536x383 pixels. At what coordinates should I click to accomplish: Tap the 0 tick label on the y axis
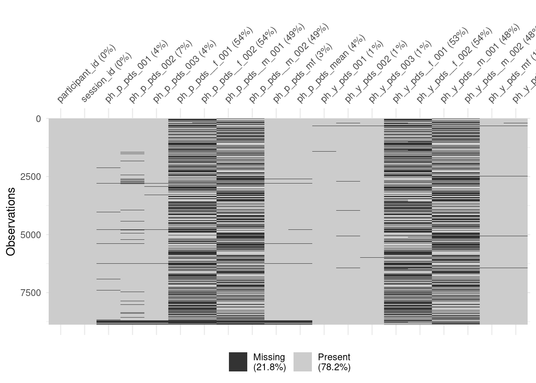click(38, 119)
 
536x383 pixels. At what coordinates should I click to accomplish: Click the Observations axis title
click(11, 221)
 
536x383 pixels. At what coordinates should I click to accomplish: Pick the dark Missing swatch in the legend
click(238, 362)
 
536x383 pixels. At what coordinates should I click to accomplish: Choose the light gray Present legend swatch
click(303, 362)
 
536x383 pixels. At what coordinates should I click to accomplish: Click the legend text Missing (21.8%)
click(269, 362)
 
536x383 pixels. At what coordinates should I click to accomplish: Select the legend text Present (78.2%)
click(334, 362)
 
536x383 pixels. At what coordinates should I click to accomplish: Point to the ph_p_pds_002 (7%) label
click(160, 72)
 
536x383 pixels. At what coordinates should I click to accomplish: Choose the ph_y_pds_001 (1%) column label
click(352, 72)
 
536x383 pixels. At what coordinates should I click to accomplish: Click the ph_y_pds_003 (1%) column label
click(400, 72)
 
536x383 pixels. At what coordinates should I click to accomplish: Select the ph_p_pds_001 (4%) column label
click(136, 72)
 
